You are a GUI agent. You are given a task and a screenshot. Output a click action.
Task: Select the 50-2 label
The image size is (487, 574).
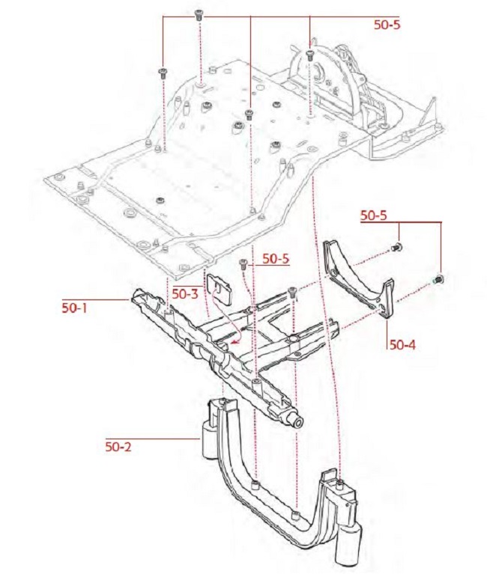[118, 448]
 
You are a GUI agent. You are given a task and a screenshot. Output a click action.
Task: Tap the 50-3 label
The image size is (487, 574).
[185, 293]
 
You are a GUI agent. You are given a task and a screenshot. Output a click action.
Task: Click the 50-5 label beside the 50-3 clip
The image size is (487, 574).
[275, 259]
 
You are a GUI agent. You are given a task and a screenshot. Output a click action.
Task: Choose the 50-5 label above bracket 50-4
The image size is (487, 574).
[373, 216]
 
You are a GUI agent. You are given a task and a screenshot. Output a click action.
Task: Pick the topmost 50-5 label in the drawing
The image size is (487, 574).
[387, 24]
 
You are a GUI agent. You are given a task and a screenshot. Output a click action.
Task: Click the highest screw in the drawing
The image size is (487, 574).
[199, 14]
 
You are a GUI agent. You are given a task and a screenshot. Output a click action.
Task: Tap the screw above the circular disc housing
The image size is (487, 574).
[309, 53]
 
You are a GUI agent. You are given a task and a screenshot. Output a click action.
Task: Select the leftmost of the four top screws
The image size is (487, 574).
[162, 72]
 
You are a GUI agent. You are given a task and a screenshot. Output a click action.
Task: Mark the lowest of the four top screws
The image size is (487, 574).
[249, 114]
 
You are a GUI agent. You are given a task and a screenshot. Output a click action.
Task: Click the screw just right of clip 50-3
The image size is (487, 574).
[243, 263]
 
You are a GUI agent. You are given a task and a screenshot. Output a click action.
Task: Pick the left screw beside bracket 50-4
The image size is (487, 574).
[398, 247]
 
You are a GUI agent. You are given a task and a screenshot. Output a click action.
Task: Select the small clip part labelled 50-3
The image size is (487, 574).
[219, 285]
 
